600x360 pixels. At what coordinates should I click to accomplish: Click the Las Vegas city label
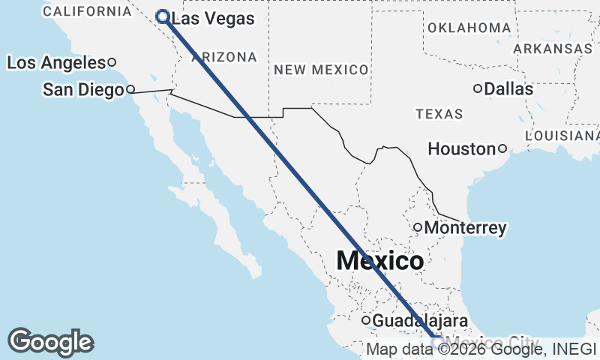[x=213, y=19]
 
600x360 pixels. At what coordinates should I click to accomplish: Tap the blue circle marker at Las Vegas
[x=162, y=16]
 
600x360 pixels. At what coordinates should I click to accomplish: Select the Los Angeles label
[x=55, y=63]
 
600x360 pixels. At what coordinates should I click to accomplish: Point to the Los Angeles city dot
[x=112, y=62]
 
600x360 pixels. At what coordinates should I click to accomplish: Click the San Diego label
[x=82, y=91]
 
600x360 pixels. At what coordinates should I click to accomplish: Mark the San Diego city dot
[x=130, y=89]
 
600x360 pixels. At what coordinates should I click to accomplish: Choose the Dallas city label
[x=508, y=89]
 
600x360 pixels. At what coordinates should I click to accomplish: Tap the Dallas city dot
[x=477, y=88]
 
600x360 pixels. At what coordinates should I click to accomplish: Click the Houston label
[x=461, y=149]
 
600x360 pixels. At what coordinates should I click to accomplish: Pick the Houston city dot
[x=502, y=148]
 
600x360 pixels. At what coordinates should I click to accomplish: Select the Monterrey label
[x=465, y=228]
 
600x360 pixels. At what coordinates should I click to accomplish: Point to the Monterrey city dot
[x=418, y=227]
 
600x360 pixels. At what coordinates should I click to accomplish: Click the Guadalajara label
[x=415, y=321]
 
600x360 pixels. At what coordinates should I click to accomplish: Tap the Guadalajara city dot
[x=366, y=321]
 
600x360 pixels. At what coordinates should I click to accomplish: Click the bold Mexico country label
[x=379, y=261]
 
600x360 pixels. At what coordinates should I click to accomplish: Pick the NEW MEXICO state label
[x=321, y=70]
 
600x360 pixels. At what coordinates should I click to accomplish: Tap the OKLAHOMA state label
[x=469, y=28]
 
